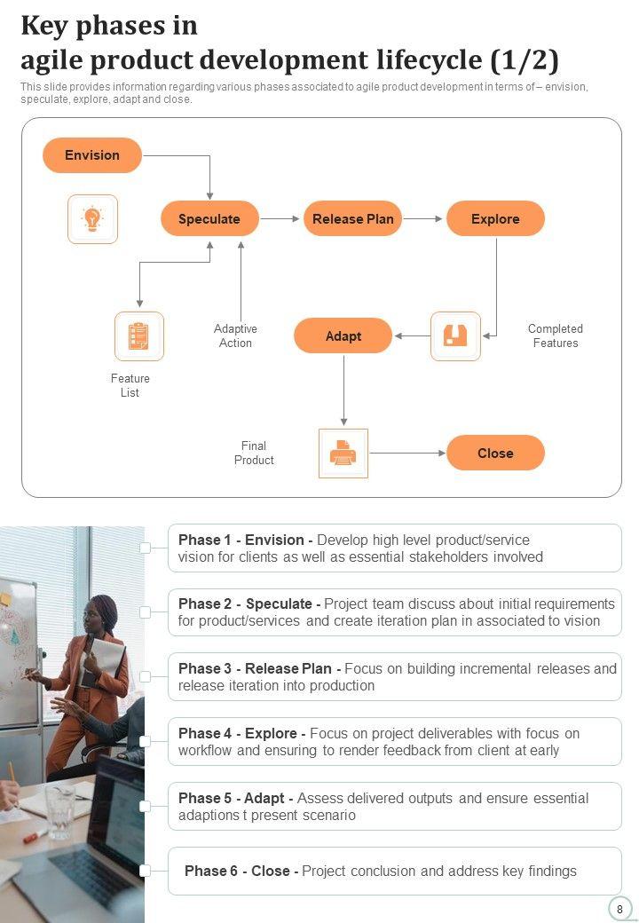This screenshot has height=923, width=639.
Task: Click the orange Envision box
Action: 92,155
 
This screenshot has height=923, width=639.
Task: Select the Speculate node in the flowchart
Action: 209,218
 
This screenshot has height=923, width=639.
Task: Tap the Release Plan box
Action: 352,218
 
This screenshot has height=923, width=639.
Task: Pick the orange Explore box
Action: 495,218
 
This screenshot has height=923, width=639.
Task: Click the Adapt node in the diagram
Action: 343,335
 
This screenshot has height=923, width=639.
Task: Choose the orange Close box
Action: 495,453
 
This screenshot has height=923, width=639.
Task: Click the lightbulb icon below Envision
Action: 92,218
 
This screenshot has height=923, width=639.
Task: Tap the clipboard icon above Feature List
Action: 139,335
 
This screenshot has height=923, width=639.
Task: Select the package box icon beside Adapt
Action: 455,335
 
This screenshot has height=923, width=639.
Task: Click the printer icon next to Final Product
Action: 343,454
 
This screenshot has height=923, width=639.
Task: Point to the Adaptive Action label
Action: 235,335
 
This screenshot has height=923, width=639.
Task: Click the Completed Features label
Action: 556,335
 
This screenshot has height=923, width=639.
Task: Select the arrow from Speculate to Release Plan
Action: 280,218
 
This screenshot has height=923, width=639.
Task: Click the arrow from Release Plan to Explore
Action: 423,218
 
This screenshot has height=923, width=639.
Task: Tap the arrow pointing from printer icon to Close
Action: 407,453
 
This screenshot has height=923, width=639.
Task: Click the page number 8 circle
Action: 619,909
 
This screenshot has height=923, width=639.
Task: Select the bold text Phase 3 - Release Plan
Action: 255,668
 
